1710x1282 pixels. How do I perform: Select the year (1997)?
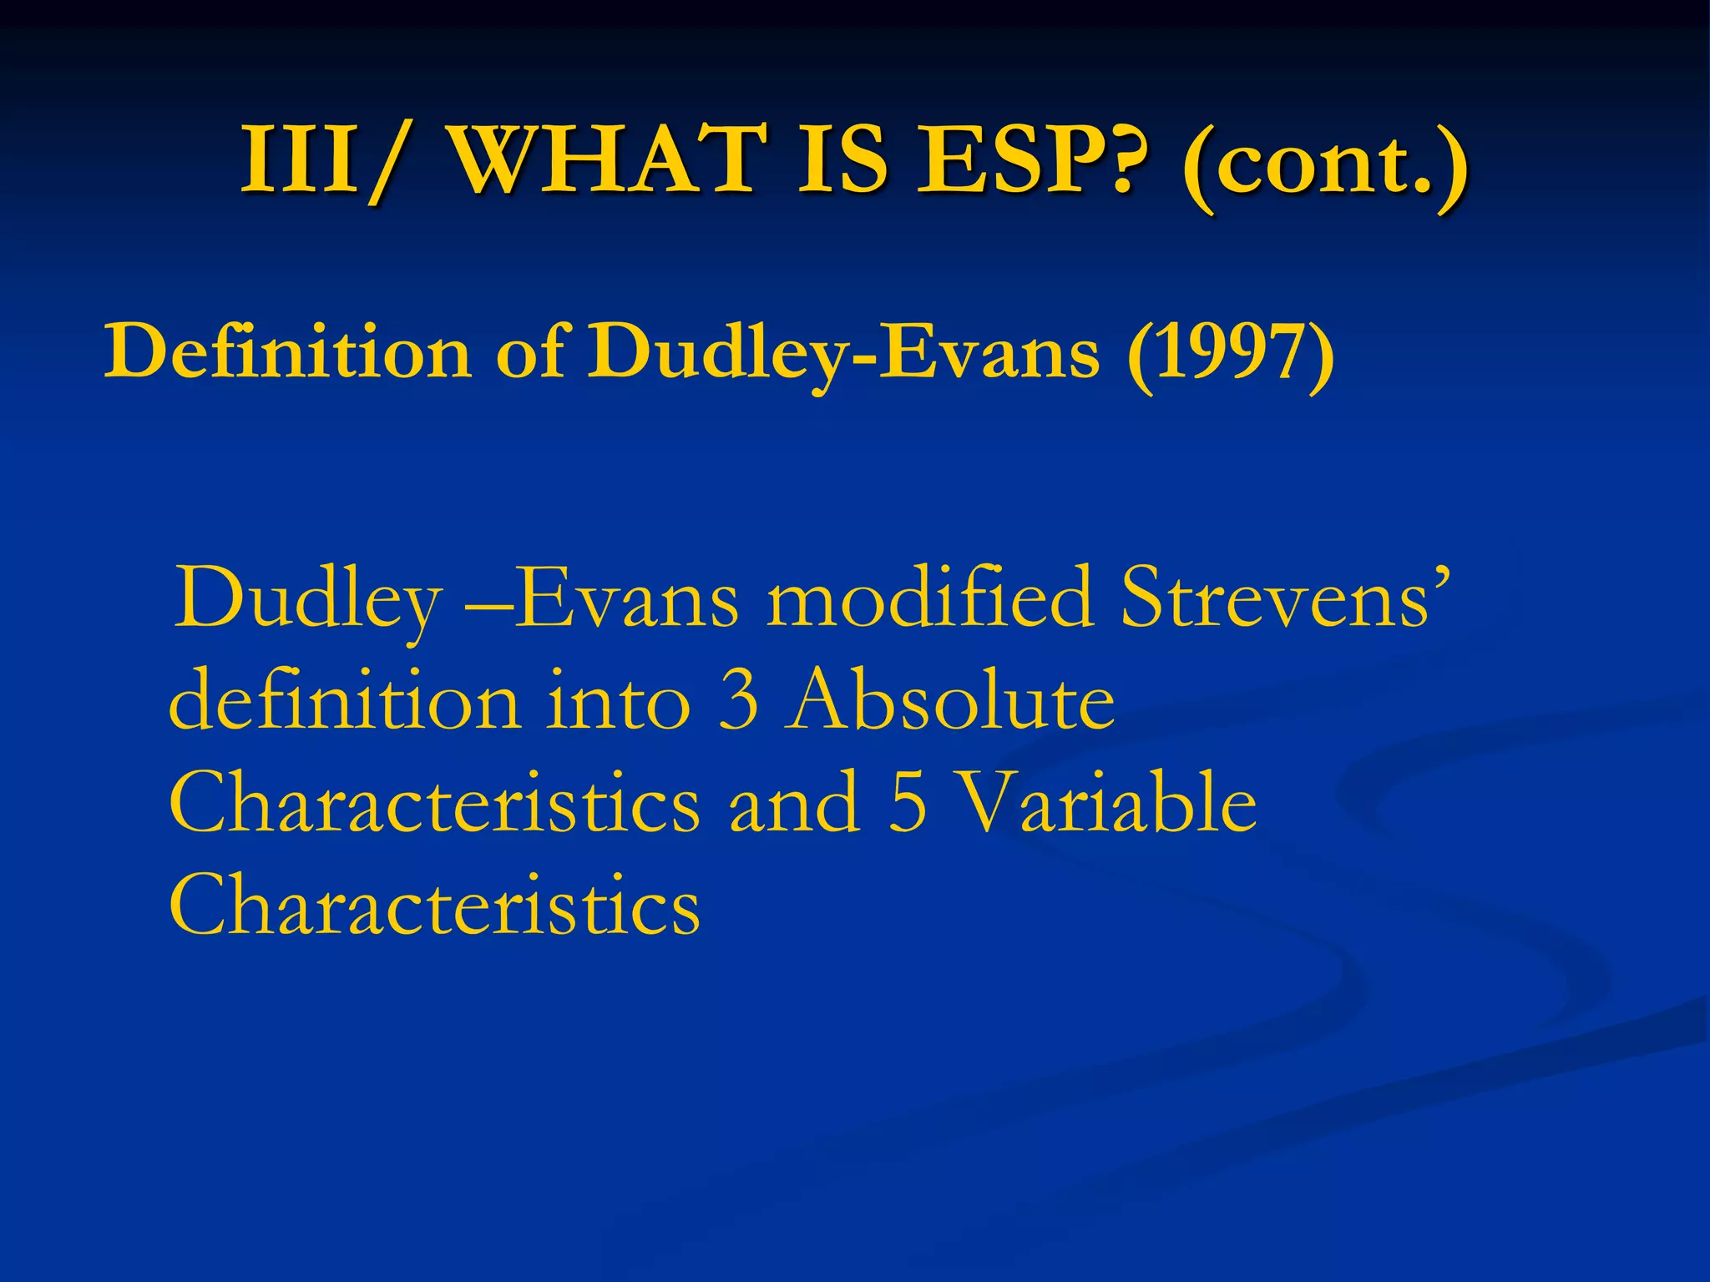point(1230,354)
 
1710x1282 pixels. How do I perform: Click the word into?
point(618,702)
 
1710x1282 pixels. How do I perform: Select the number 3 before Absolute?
point(739,702)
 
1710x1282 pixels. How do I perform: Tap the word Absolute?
point(950,702)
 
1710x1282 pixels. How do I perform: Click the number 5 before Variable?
point(908,804)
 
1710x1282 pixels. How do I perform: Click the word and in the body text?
point(793,804)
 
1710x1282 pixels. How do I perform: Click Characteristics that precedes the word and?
point(434,804)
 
